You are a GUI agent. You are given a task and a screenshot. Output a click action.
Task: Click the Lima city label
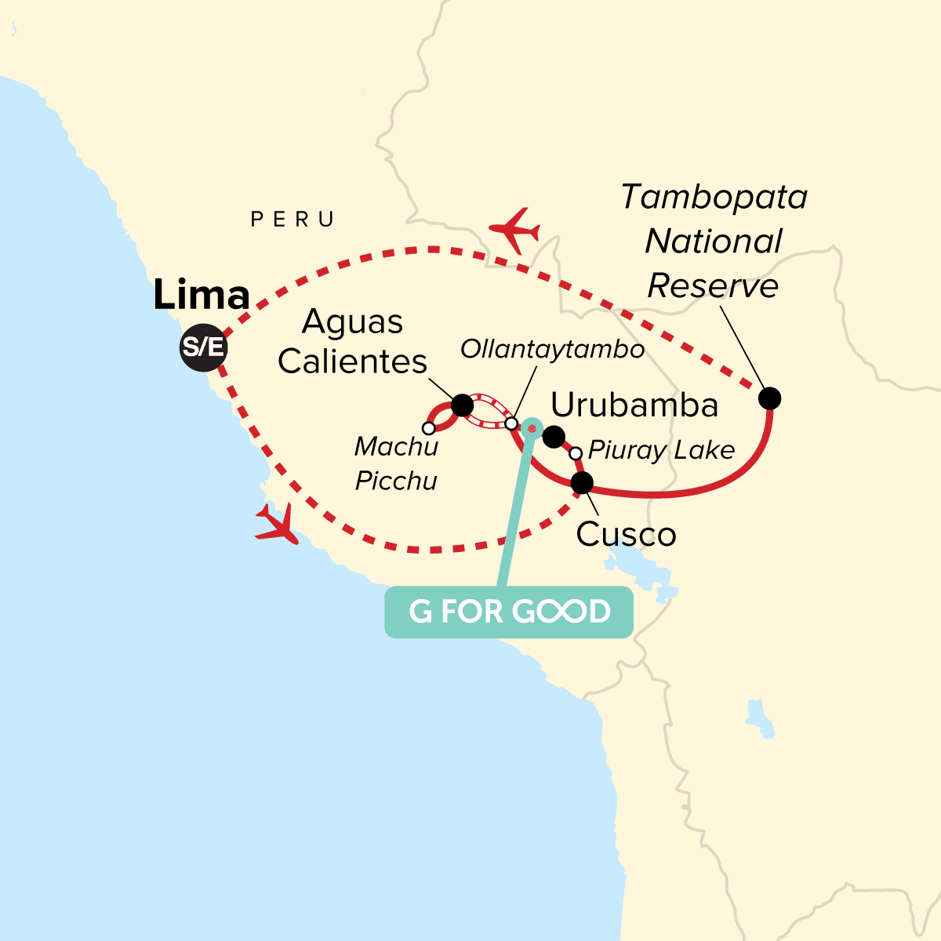pyautogui.click(x=202, y=296)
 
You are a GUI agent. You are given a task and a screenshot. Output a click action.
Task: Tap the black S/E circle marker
pyautogui.click(x=203, y=346)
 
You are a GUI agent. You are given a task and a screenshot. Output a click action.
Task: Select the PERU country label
pyautogui.click(x=292, y=220)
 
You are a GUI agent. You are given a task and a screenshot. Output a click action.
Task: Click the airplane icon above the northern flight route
pyautogui.click(x=514, y=230)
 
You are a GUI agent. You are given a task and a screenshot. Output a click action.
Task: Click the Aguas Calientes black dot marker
pyautogui.click(x=463, y=405)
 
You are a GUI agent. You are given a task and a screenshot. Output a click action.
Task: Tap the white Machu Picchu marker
pyautogui.click(x=428, y=428)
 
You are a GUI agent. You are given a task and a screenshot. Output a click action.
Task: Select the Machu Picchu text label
pyautogui.click(x=396, y=463)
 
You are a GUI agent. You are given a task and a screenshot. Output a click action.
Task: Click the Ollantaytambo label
pyautogui.click(x=552, y=349)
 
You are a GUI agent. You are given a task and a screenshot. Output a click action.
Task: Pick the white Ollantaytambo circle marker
pyautogui.click(x=511, y=423)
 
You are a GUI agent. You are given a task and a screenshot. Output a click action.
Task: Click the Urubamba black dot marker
pyautogui.click(x=554, y=437)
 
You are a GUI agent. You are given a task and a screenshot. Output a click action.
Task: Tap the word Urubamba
pyautogui.click(x=634, y=405)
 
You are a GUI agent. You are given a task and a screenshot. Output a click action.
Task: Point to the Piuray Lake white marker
pyautogui.click(x=576, y=453)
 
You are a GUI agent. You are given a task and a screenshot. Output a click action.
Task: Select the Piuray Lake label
pyautogui.click(x=661, y=450)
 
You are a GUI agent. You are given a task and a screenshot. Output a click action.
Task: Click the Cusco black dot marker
pyautogui.click(x=582, y=482)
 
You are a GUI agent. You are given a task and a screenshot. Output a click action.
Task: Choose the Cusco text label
pyautogui.click(x=626, y=535)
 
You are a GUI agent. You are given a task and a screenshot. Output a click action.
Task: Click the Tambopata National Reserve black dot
pyautogui.click(x=770, y=398)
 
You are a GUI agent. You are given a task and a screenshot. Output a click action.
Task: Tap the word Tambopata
pyautogui.click(x=714, y=197)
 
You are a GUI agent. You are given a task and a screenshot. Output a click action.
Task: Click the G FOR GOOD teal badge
pyautogui.click(x=508, y=612)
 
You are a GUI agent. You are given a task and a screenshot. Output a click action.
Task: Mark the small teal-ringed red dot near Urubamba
pyautogui.click(x=532, y=427)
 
